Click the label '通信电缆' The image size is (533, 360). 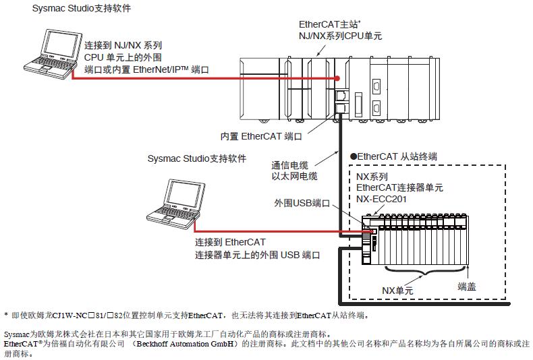pos(290,165)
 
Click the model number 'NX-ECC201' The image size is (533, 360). pos(381,199)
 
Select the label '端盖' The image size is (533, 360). pos(466,286)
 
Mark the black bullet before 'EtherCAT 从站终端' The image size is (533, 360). pos(352,156)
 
